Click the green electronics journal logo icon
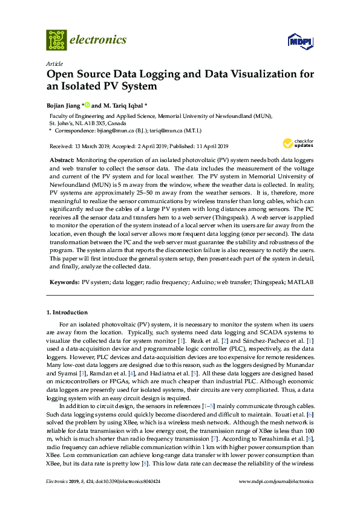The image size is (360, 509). point(56,40)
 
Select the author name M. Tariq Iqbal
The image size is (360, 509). point(121,105)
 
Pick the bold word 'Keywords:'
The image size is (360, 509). point(64,282)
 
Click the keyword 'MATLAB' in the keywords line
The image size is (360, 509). point(301,282)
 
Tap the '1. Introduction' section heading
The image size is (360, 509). point(67,313)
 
